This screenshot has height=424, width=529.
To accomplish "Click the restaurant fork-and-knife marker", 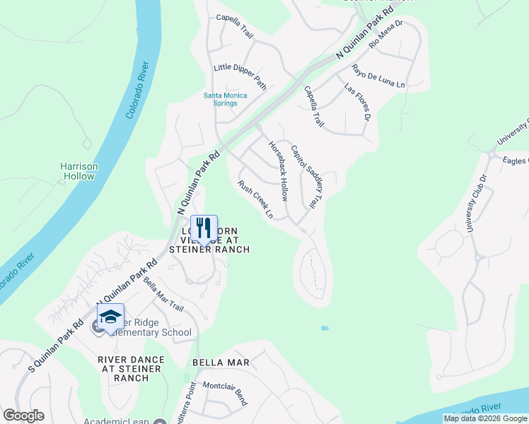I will click(x=204, y=228).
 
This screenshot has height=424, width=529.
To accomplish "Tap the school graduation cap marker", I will click(x=110, y=317).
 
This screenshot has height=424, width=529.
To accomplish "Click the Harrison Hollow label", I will click(x=79, y=171).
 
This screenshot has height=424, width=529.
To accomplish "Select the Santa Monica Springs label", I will click(x=221, y=99).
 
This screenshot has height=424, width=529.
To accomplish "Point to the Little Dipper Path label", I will click(x=240, y=76).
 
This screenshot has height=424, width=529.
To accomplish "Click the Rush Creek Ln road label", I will click(x=255, y=199).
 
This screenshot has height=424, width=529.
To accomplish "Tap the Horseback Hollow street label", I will click(x=278, y=171).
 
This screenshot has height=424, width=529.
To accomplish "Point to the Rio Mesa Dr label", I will click(x=386, y=33).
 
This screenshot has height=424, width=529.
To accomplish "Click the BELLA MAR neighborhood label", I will click(x=221, y=363).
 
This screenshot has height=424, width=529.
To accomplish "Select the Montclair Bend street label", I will click(x=225, y=393).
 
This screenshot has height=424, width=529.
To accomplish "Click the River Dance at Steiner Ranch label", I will click(x=132, y=369).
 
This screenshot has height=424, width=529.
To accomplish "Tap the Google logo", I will click(x=23, y=416).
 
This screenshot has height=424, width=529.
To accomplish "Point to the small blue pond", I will click(x=324, y=329).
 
